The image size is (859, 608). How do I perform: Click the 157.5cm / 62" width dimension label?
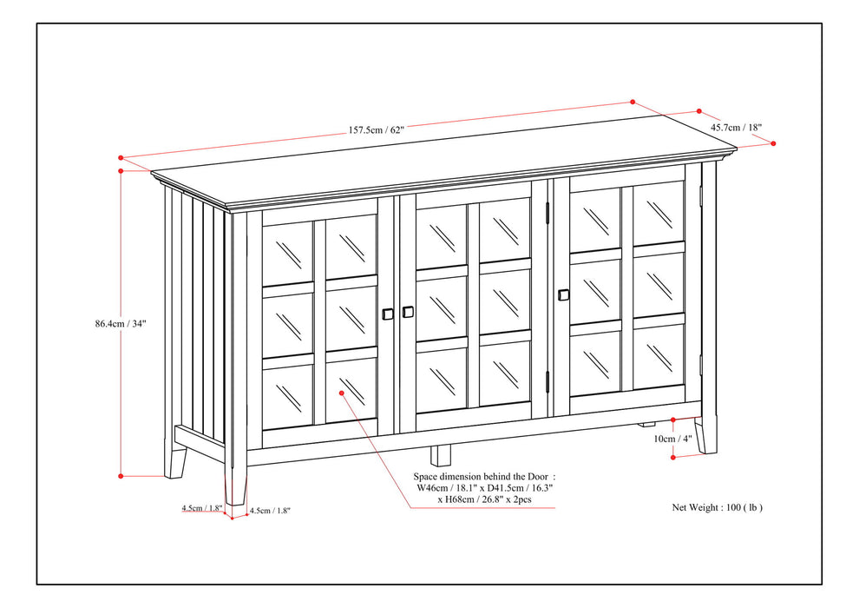tap(377, 130)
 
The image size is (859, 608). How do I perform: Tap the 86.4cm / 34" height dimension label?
tap(121, 323)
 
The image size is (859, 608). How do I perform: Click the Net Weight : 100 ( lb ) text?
tap(717, 506)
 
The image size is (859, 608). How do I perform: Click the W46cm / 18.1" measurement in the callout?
tap(446, 488)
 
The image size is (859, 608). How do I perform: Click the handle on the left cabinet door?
tap(387, 314)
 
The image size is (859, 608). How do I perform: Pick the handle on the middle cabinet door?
tap(408, 312)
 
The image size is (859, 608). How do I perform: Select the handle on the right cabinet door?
tap(564, 295)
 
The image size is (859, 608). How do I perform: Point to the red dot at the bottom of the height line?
tap(121, 475)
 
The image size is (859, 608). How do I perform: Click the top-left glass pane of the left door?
tap(287, 252)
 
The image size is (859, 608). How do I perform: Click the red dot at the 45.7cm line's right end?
tap(773, 143)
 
